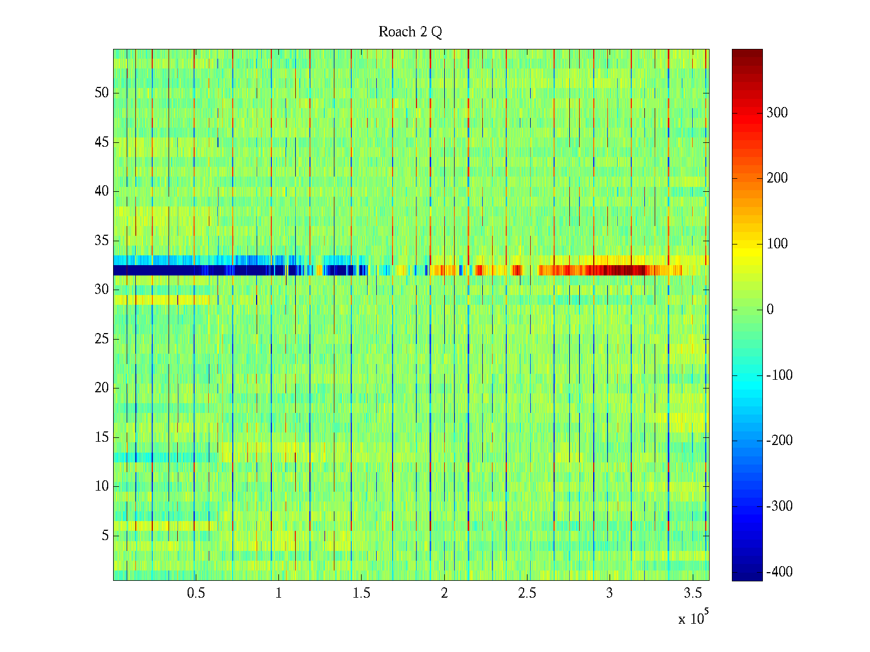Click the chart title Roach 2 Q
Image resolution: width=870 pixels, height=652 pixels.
pyautogui.click(x=410, y=32)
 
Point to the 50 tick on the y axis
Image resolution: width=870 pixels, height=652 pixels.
pyautogui.click(x=102, y=93)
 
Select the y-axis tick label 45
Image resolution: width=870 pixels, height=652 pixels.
pyautogui.click(x=102, y=142)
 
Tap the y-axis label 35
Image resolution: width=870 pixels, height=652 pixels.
pyautogui.click(x=102, y=241)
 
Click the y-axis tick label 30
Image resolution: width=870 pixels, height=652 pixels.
pyautogui.click(x=102, y=290)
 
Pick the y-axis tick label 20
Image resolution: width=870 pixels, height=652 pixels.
pyautogui.click(x=102, y=388)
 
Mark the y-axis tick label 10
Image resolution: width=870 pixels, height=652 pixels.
pyautogui.click(x=102, y=486)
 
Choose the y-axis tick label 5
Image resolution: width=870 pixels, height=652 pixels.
pyautogui.click(x=105, y=536)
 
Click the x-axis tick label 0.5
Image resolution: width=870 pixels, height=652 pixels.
pyautogui.click(x=196, y=593)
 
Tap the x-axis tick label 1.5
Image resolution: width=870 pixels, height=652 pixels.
pyautogui.click(x=361, y=593)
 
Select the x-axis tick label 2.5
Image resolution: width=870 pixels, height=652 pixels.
pyautogui.click(x=526, y=593)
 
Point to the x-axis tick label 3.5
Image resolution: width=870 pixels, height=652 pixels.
pyautogui.click(x=692, y=593)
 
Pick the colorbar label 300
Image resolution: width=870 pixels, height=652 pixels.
pyautogui.click(x=777, y=113)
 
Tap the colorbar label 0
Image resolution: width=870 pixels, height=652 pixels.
pyautogui.click(x=770, y=310)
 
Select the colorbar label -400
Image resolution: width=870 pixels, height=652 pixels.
pyautogui.click(x=779, y=572)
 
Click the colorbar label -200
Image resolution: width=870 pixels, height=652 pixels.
pyautogui.click(x=779, y=441)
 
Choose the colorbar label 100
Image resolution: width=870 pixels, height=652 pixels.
pyautogui.click(x=777, y=244)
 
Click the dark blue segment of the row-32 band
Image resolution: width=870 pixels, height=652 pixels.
pyautogui.click(x=190, y=270)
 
